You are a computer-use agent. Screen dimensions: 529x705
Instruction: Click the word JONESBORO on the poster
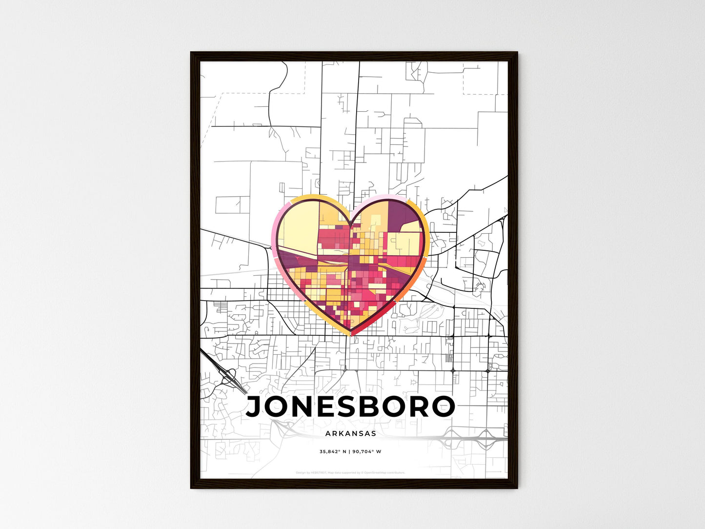click(350, 407)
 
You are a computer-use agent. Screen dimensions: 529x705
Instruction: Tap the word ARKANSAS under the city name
click(350, 433)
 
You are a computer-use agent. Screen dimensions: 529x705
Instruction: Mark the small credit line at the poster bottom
click(350, 472)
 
